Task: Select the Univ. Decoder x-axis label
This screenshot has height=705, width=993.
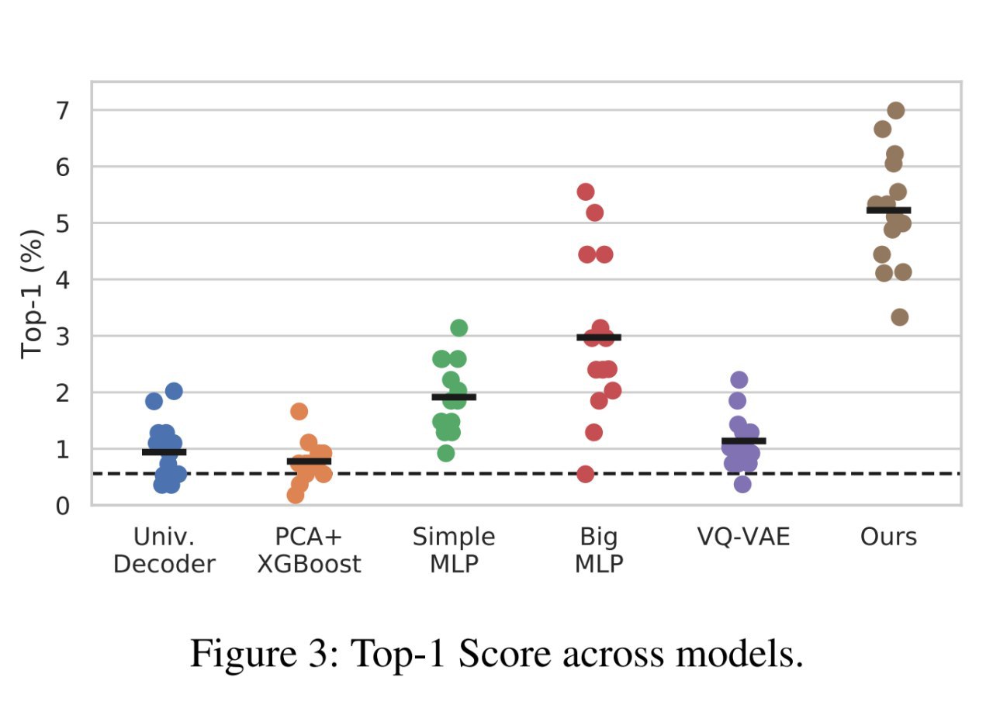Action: [164, 550]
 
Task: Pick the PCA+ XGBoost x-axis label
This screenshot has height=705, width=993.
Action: [309, 550]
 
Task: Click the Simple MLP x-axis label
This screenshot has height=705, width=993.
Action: [454, 550]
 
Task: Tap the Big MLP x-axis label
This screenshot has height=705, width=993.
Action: [599, 550]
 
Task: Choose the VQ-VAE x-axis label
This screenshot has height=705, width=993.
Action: [744, 537]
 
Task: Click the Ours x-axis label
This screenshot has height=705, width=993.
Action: [888, 537]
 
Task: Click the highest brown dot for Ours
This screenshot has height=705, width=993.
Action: [896, 110]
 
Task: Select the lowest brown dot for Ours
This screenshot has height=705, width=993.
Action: [900, 316]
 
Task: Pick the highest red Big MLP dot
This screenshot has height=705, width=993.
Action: [586, 192]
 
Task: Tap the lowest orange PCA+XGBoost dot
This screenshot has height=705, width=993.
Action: [296, 495]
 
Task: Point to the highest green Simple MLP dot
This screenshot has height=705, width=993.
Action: [458, 327]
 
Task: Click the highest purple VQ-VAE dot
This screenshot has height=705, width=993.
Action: [739, 379]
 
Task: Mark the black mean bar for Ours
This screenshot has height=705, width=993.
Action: [888, 210]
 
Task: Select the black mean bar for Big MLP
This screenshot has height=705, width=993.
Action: [599, 337]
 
